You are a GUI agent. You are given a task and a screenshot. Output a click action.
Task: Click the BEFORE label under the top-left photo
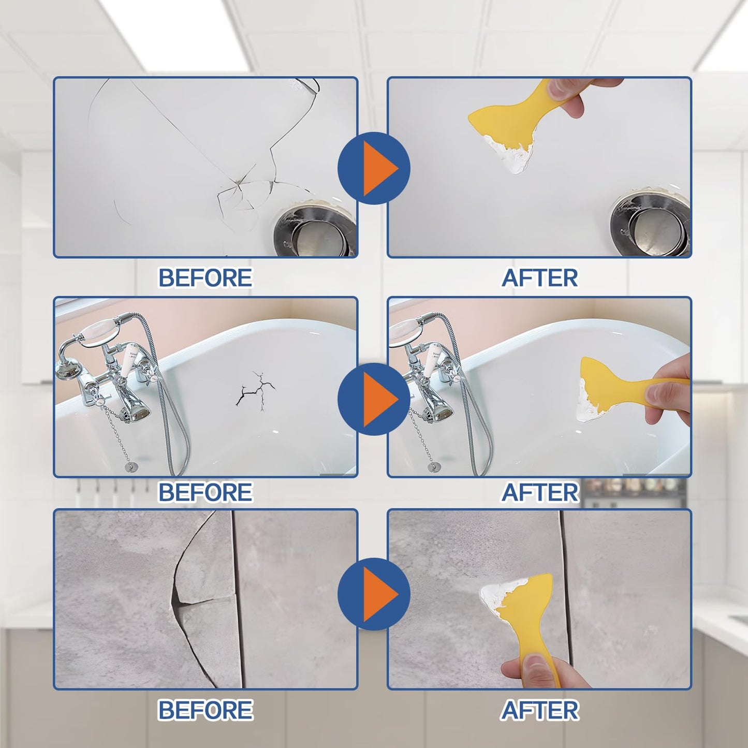click(205, 278)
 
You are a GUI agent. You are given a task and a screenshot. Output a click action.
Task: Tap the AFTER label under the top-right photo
click(539, 278)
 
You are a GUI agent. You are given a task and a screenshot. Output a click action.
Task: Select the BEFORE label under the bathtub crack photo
click(205, 492)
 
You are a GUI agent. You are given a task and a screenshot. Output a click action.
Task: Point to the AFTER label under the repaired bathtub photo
click(539, 492)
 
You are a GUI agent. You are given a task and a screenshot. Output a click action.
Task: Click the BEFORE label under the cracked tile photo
click(205, 710)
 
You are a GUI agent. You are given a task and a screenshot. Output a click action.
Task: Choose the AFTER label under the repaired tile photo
click(539, 710)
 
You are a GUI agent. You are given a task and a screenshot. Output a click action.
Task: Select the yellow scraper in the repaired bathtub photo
click(616, 386)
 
